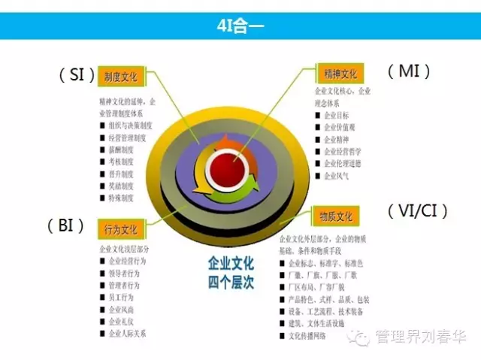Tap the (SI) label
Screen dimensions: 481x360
click(77, 74)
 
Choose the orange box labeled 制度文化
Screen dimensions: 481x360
click(121, 76)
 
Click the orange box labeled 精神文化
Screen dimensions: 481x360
click(340, 74)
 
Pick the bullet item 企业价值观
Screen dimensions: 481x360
click(340, 128)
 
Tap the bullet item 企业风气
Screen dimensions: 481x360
click(337, 176)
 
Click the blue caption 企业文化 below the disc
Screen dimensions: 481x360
click(231, 265)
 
